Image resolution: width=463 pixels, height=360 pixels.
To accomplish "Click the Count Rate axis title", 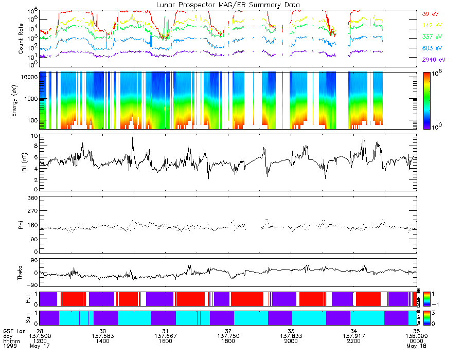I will point(22,39).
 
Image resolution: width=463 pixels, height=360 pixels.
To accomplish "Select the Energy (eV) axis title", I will point(22,100).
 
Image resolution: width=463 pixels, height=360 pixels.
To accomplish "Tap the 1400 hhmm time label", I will point(102,341).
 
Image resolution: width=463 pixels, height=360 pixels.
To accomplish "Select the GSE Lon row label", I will point(14,331).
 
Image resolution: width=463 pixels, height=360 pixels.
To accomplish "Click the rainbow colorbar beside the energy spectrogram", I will point(426,100).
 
